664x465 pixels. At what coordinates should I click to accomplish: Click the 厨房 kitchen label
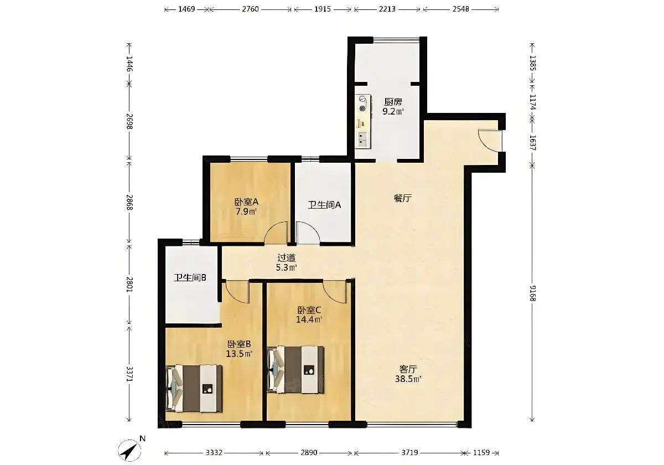coord(393,102)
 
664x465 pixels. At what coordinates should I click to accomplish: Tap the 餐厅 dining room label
coord(403,198)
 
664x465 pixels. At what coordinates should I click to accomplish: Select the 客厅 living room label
coord(408,369)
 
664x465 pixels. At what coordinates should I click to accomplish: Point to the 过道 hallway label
coord(287,258)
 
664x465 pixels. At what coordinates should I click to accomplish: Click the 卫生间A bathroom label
coord(324,205)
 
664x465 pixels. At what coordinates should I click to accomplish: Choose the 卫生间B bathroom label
coord(190,278)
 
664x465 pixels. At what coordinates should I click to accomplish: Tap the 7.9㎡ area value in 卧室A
coord(246,211)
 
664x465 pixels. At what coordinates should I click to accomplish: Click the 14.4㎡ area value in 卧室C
coord(309,320)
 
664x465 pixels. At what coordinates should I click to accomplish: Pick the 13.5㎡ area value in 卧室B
coord(239,354)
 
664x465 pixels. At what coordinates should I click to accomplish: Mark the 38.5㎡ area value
coord(408,379)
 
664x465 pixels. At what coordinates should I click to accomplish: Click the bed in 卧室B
coord(194,389)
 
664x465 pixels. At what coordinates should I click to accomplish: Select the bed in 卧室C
coord(295,370)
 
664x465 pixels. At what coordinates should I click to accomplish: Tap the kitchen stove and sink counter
coord(363,121)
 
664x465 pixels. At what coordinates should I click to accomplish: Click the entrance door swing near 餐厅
coord(490,141)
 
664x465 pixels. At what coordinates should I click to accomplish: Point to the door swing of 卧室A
coord(276,233)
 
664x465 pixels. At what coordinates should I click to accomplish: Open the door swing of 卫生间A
coord(308,233)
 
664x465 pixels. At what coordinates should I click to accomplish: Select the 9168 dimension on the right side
coord(533,293)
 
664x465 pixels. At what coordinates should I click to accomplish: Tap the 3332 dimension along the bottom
coord(214,453)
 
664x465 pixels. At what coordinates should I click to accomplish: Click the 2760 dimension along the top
coord(251,9)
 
